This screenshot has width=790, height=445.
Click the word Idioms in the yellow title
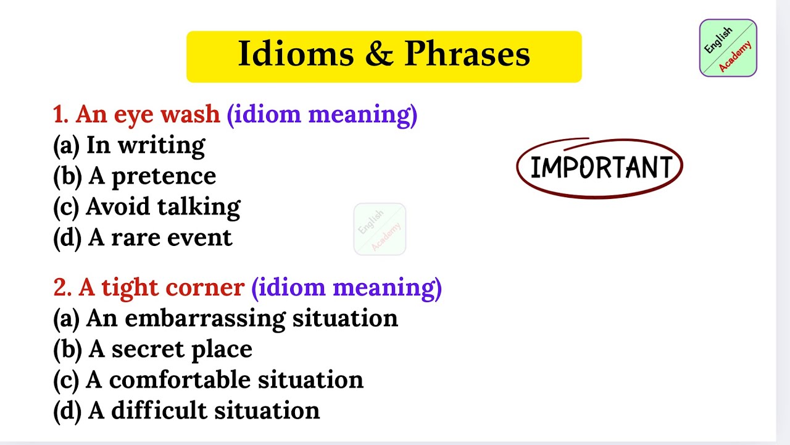pos(295,54)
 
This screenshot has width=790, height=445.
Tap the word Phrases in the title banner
pos(467,54)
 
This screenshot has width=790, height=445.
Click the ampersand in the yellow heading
pos(379,54)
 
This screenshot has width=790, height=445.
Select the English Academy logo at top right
pos(728,48)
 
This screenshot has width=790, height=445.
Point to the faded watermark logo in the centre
pos(380,229)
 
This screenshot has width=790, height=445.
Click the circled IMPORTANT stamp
pos(599,167)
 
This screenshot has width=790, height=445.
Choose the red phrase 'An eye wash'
pos(148,114)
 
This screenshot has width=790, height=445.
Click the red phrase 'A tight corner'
pos(161,287)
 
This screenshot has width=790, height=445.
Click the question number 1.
pos(60,114)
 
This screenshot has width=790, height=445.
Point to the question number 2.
pos(60,287)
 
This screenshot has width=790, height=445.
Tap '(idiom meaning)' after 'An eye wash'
pos(322,115)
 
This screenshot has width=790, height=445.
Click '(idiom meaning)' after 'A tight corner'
pos(346,288)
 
